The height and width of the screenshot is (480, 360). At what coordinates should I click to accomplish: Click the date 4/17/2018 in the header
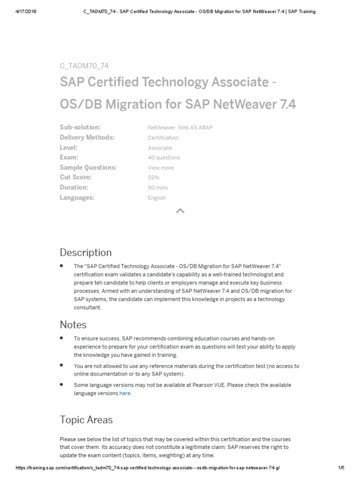click(27, 12)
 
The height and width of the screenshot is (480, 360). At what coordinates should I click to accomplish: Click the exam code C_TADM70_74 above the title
click(84, 66)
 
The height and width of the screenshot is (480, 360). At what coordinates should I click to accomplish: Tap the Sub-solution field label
click(80, 127)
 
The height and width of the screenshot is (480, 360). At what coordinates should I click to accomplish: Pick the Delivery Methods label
click(87, 138)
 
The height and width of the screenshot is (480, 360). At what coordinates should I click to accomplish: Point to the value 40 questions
click(164, 158)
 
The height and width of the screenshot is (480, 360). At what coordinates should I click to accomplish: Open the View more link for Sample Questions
click(161, 168)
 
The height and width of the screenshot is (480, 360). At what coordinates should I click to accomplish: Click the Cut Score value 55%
click(153, 178)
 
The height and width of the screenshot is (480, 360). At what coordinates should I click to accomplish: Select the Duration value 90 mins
click(157, 187)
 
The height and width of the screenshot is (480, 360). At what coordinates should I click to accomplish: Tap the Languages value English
click(157, 198)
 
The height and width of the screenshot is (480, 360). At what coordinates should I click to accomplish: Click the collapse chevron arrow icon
click(180, 211)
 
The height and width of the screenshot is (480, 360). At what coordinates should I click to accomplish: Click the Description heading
click(86, 253)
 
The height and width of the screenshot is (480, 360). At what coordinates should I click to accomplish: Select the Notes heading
click(73, 324)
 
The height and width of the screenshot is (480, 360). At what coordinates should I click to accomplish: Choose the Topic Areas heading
click(86, 420)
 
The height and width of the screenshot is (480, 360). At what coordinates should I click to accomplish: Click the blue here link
click(125, 394)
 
